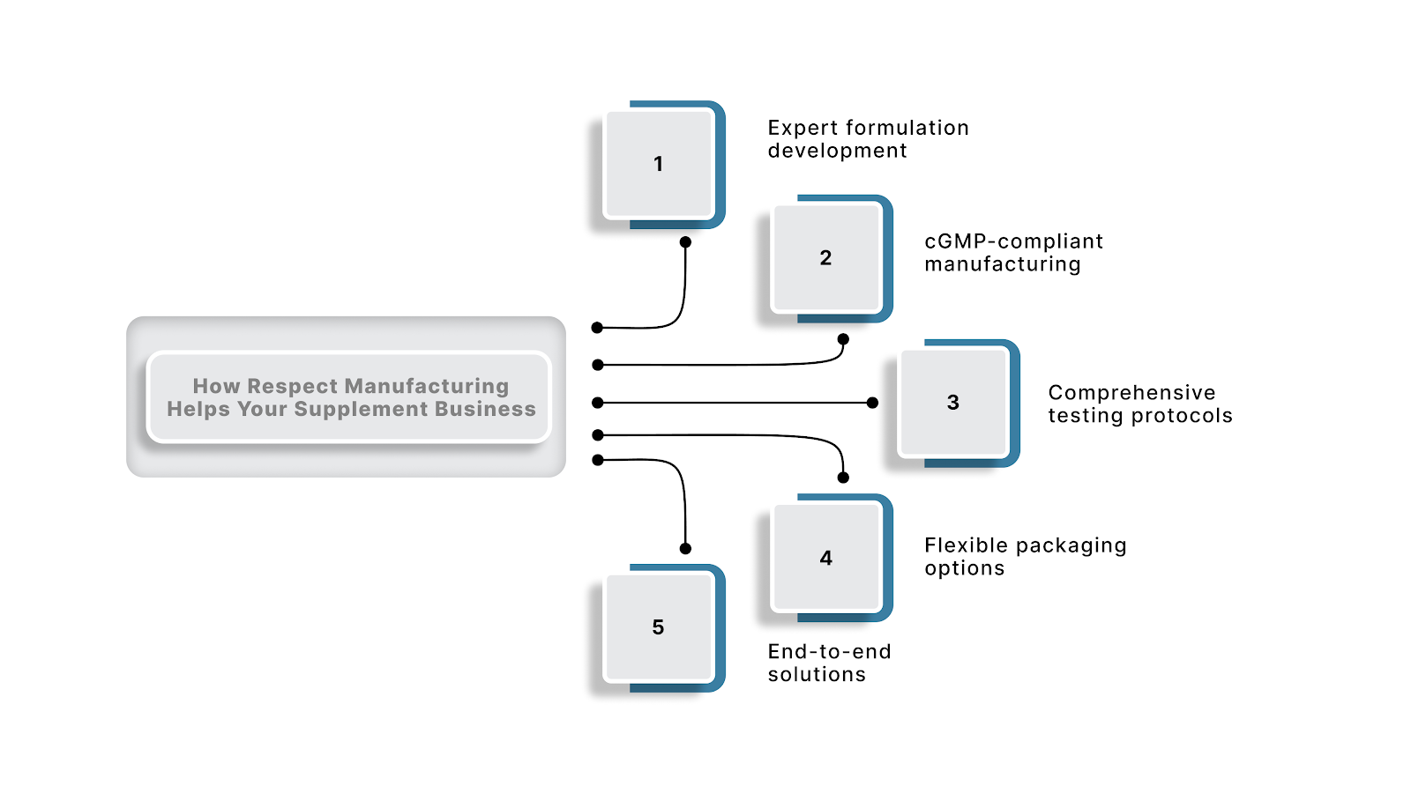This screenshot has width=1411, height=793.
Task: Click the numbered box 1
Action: (658, 164)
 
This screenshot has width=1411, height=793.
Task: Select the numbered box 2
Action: (825, 258)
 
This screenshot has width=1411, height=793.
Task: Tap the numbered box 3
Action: (952, 403)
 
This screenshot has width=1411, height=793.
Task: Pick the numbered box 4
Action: (825, 558)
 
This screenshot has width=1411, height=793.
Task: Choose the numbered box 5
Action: (658, 627)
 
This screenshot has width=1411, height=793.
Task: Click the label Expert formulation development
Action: (868, 139)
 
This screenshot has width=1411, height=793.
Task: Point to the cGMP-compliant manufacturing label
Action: (1013, 253)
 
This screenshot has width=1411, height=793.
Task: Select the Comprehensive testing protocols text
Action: (1139, 404)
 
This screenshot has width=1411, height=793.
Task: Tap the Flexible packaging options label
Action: (1025, 556)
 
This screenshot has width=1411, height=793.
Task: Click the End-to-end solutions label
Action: (829, 663)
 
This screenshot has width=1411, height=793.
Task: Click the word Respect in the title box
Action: (292, 386)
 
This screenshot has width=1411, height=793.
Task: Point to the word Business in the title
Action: (491, 409)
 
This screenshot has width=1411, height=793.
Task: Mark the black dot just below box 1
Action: (685, 241)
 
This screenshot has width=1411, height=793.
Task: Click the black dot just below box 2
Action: (843, 339)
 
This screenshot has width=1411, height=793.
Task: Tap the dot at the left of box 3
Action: (872, 403)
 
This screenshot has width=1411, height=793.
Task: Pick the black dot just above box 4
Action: (843, 478)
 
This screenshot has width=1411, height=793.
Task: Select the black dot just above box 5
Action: (685, 548)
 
